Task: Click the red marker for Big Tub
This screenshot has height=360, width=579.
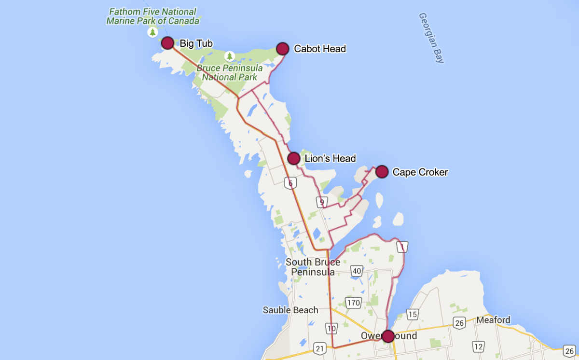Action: pyautogui.click(x=167, y=43)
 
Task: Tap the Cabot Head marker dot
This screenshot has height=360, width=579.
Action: pyautogui.click(x=282, y=48)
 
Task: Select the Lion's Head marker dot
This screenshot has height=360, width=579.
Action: pyautogui.click(x=293, y=158)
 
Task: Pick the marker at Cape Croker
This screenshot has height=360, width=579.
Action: pyautogui.click(x=382, y=171)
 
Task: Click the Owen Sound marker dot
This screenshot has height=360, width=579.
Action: pyautogui.click(x=387, y=336)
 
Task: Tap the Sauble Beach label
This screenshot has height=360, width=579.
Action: pyautogui.click(x=290, y=310)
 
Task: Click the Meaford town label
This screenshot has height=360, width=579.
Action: pyautogui.click(x=493, y=320)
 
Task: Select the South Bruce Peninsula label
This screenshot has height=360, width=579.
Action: pyautogui.click(x=313, y=267)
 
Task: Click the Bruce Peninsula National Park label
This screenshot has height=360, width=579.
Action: pyautogui.click(x=230, y=72)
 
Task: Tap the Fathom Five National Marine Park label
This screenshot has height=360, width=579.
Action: pyautogui.click(x=152, y=16)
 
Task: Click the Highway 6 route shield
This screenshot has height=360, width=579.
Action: pyautogui.click(x=289, y=183)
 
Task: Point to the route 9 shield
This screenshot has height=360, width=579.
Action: pyautogui.click(x=321, y=202)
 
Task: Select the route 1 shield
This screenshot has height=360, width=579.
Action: pyautogui.click(x=402, y=247)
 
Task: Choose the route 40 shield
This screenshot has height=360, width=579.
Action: pyautogui.click(x=357, y=271)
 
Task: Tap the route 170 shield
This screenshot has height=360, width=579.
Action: pyautogui.click(x=354, y=303)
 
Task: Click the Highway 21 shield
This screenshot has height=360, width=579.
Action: pyautogui.click(x=319, y=348)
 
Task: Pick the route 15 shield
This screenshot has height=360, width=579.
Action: pyautogui.click(x=412, y=315)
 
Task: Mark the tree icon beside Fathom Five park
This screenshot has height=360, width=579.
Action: pyautogui.click(x=153, y=33)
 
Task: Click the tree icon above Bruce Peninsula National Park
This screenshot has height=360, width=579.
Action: pyautogui.click(x=230, y=56)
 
